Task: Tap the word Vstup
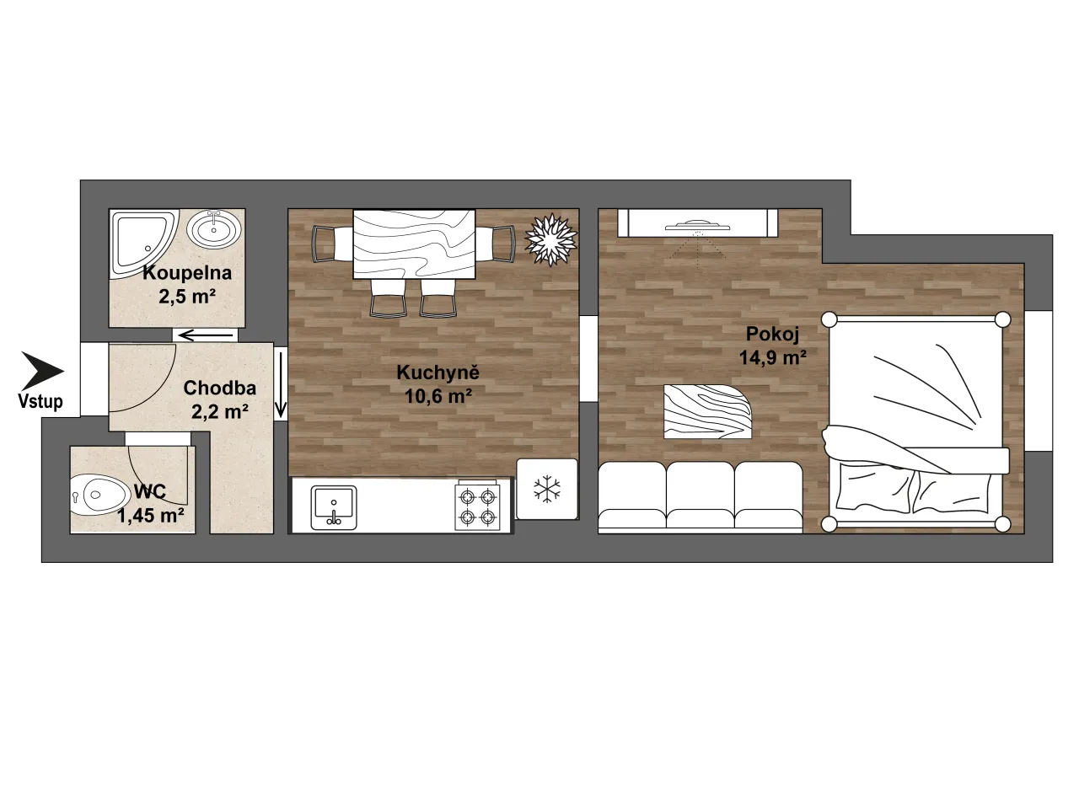coord(40,401)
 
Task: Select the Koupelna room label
coord(187,272)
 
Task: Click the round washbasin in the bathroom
coord(216,229)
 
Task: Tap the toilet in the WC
coord(99,494)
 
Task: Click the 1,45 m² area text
coord(151,515)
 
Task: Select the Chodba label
coord(220,388)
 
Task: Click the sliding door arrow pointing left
coord(206,336)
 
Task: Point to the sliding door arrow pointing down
coord(280,384)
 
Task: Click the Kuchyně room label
coord(438,372)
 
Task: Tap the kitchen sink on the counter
coord(334,508)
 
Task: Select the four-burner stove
coord(477,506)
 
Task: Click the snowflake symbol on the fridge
coord(547,490)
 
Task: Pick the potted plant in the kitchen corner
coord(550,239)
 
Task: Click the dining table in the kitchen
coord(415,244)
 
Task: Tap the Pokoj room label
coord(772,334)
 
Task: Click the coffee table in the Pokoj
coord(707,411)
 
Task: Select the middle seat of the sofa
coord(701,497)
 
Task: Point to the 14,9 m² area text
coord(773,357)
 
